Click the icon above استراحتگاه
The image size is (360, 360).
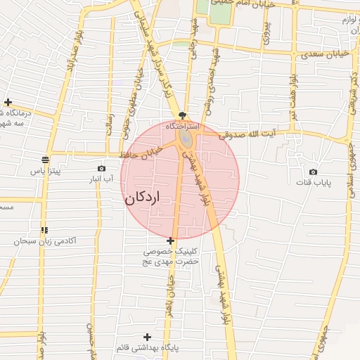pos(183,115)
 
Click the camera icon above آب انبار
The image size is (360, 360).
pos(102,169)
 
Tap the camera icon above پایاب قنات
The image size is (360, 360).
pos(313,172)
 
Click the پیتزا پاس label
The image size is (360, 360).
pos(46,170)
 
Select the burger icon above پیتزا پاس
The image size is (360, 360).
pos(45,160)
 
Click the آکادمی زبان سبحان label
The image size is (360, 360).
pos(44,241)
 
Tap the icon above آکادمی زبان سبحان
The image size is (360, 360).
pos(44,230)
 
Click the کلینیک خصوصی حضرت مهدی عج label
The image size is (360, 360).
pos(171,256)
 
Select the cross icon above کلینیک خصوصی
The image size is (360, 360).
pos(171,240)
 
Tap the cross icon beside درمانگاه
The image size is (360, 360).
pos(7,102)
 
